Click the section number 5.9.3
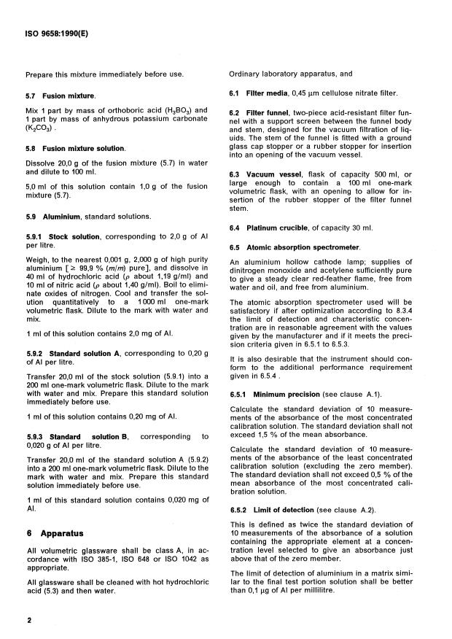(x=37, y=436)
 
